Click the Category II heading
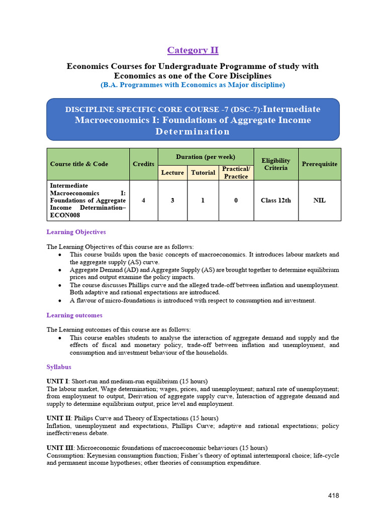pyautogui.click(x=193, y=50)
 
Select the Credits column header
pyautogui.click(x=144, y=164)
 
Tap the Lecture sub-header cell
pyautogui.click(x=172, y=173)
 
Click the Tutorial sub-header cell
pyautogui.click(x=203, y=173)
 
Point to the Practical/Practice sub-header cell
pyautogui.click(x=236, y=173)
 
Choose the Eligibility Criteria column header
pyautogui.click(x=276, y=164)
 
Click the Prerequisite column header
pyautogui.click(x=320, y=164)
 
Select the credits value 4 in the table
pyautogui.click(x=144, y=200)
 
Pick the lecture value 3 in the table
pyautogui.click(x=172, y=200)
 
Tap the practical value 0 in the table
pyautogui.click(x=236, y=200)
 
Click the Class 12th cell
pyautogui.click(x=276, y=200)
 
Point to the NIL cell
pyautogui.click(x=320, y=200)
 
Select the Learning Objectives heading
pyautogui.click(x=76, y=232)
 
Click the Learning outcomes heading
pyautogui.click(x=74, y=315)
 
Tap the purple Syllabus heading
pyautogui.click(x=59, y=367)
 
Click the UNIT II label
pyautogui.click(x=58, y=418)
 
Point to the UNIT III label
pyautogui.click(x=59, y=448)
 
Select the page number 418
pyautogui.click(x=333, y=495)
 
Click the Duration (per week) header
pyautogui.click(x=206, y=156)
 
